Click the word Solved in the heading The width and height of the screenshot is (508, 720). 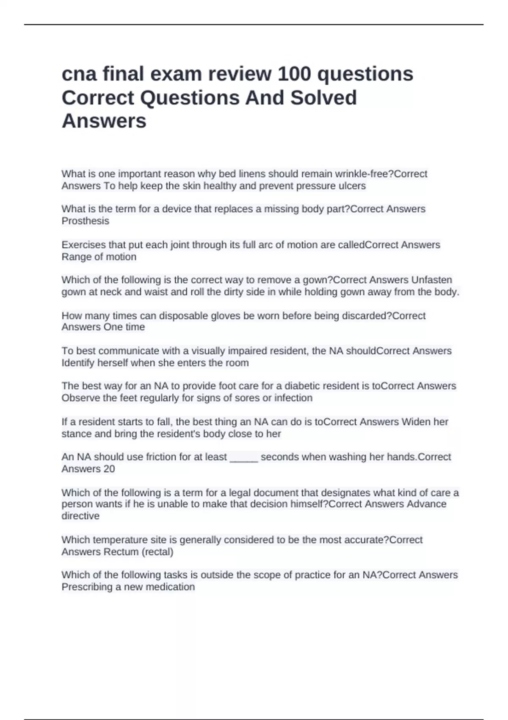323,98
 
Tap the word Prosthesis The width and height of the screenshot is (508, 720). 85,221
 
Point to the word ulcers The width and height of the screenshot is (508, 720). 352,186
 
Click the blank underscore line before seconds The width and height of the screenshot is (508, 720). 244,457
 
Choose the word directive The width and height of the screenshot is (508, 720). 80,516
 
